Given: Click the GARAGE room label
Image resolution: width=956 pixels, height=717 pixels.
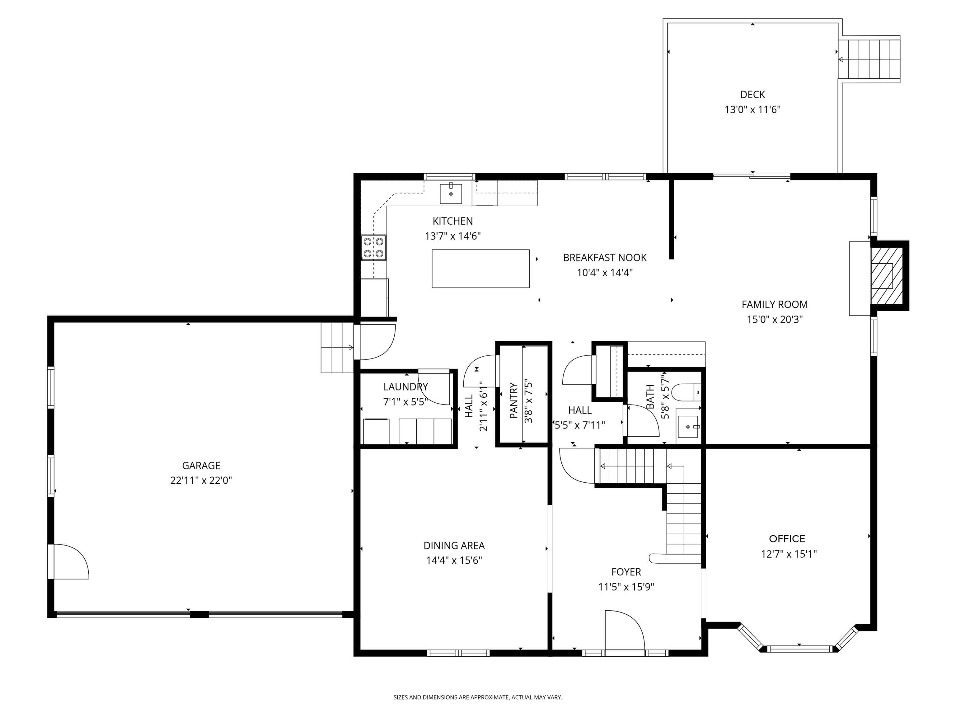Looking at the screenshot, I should pos(201,466).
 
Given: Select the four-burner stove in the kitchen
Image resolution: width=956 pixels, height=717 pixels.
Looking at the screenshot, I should pos(374,248).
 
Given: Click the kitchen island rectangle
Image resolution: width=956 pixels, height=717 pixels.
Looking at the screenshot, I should pos(480,268).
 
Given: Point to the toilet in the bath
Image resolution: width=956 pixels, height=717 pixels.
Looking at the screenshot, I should pos(686,391).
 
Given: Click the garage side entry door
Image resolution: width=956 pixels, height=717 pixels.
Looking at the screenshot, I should pos(69,561).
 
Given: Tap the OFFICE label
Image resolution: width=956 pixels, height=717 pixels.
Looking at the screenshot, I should pos(787,538).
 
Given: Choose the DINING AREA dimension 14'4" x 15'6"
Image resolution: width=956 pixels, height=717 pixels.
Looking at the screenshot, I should pos(454,560).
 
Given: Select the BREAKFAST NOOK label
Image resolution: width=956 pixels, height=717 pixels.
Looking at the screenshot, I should pos(605,258).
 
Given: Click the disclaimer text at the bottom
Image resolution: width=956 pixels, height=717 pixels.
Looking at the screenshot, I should pos(478,697).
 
